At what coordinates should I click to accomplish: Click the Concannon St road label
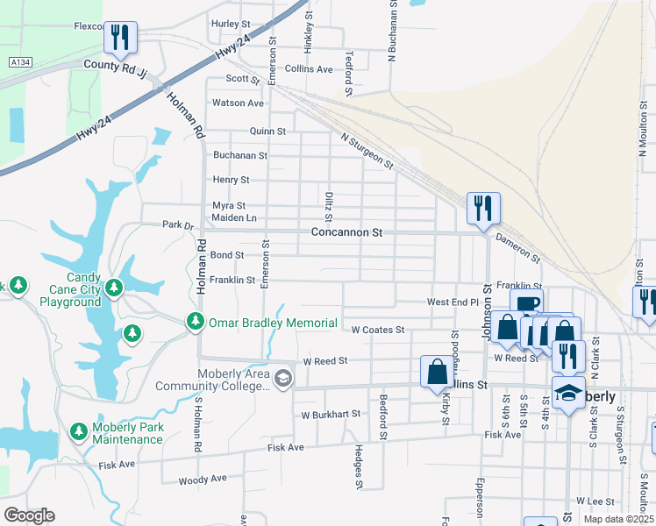click(x=347, y=232)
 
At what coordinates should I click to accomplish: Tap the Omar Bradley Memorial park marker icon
click(x=196, y=323)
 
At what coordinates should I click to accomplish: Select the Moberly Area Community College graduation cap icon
click(x=282, y=379)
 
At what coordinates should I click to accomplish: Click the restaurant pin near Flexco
click(x=120, y=37)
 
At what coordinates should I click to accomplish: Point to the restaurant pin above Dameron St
click(x=482, y=208)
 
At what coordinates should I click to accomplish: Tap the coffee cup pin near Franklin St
click(x=526, y=304)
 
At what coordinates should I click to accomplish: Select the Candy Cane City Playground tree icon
click(x=113, y=287)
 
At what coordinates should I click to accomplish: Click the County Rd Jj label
click(x=113, y=65)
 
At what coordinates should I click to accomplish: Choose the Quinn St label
click(x=267, y=131)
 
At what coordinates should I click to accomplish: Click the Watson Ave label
click(x=238, y=103)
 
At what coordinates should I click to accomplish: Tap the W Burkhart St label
click(x=331, y=414)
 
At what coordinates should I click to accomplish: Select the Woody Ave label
click(x=202, y=480)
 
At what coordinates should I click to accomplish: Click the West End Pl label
click(x=453, y=302)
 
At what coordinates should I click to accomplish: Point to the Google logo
click(x=29, y=515)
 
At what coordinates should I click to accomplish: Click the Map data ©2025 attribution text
click(x=618, y=519)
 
